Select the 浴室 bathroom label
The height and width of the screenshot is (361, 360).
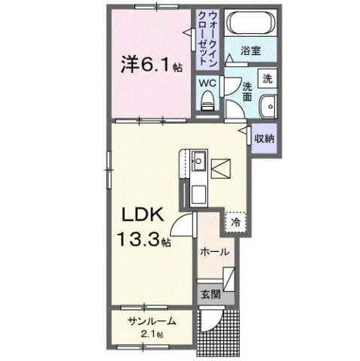point(250,52)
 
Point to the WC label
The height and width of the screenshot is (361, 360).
point(207,82)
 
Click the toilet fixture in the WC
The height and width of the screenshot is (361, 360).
point(207,100)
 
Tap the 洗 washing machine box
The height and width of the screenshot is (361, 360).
point(266,77)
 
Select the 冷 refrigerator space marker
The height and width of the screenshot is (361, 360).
point(236,223)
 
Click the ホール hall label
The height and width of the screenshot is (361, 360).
point(214,253)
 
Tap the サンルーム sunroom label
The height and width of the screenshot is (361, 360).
point(151,320)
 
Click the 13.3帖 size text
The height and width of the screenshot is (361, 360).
point(142,241)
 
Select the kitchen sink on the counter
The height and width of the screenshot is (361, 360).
point(198,161)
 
